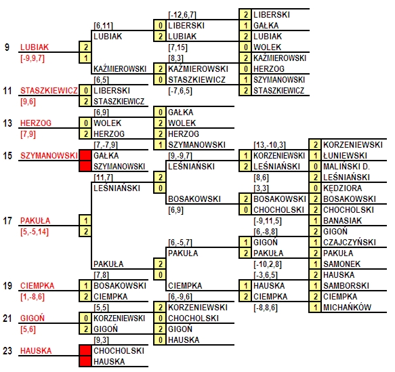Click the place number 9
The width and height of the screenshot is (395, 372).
(x=7, y=47)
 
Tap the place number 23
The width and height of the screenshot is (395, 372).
(x=7, y=350)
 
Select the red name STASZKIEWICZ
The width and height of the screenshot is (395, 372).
(x=49, y=90)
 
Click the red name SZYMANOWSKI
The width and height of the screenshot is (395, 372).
(x=49, y=156)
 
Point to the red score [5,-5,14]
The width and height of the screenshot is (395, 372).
(x=35, y=232)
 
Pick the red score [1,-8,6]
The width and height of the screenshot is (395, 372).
(x=33, y=297)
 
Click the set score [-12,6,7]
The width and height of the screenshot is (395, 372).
(x=182, y=15)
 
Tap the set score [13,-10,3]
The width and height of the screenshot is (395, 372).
(x=270, y=145)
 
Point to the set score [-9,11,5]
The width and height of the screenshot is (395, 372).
(x=268, y=221)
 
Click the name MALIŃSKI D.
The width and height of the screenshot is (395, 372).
(x=346, y=167)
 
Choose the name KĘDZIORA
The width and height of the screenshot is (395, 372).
(x=343, y=188)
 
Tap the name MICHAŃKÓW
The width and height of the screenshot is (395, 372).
(x=348, y=307)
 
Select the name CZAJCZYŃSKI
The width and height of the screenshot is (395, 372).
(x=350, y=243)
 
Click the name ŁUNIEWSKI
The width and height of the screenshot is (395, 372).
(x=345, y=156)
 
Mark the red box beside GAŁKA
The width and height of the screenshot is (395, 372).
(x=85, y=155)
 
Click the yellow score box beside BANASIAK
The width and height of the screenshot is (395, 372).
(x=315, y=221)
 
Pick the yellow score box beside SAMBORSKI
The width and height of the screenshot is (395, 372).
(x=315, y=286)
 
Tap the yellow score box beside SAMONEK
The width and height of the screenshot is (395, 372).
(x=315, y=264)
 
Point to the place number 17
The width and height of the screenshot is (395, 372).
(x=7, y=221)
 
